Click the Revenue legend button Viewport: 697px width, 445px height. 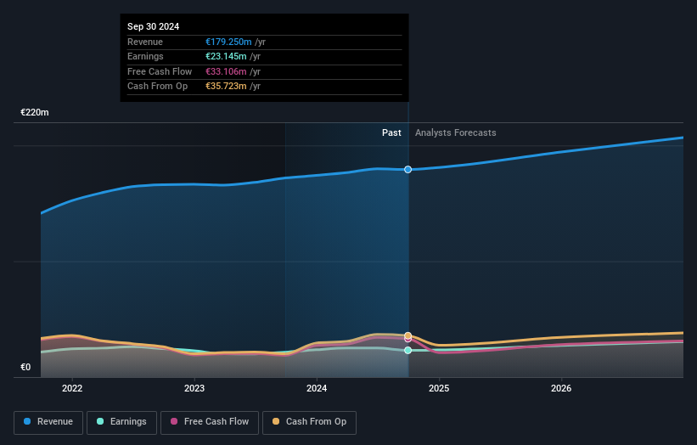(x=48, y=422)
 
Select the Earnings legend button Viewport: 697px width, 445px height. (x=121, y=422)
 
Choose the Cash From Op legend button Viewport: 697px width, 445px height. (x=309, y=422)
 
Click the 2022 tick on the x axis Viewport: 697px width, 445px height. (x=72, y=389)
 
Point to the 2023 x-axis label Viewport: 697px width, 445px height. (x=194, y=389)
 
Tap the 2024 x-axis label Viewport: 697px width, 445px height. (x=317, y=389)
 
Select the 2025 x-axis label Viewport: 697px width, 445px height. (x=439, y=389)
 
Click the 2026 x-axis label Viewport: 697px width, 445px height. (x=561, y=389)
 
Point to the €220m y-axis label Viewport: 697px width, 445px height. (x=35, y=112)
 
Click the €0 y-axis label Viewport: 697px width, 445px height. (x=25, y=368)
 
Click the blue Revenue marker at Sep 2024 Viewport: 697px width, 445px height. (x=408, y=170)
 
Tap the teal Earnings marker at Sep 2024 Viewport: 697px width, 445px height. (x=408, y=350)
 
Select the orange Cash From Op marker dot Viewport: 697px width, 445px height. (x=408, y=335)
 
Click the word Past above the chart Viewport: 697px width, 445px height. (x=391, y=132)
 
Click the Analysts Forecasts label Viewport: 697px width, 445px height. (x=455, y=132)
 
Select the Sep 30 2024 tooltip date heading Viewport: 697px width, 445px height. (x=154, y=27)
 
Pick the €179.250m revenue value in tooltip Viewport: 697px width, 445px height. (x=228, y=42)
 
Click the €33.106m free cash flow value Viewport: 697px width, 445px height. (x=226, y=71)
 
